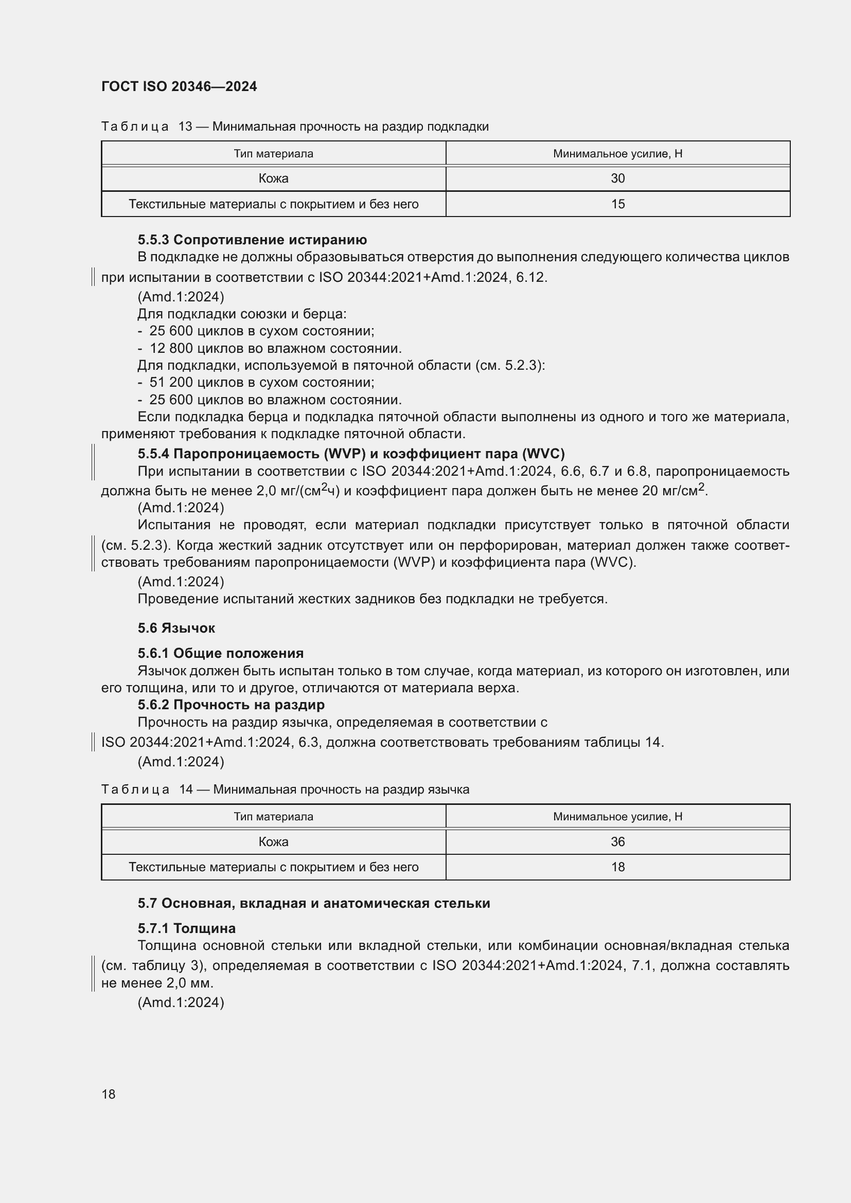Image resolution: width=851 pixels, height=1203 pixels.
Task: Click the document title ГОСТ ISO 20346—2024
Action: [x=179, y=86]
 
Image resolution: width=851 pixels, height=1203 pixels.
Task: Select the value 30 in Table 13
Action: [x=618, y=178]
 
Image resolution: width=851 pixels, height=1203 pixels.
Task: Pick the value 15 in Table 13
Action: [x=618, y=204]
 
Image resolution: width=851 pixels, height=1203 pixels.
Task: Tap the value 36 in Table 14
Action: [x=618, y=841]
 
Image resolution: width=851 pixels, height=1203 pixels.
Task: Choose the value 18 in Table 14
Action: [x=618, y=867]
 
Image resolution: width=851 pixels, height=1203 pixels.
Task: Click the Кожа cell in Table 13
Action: [x=274, y=178]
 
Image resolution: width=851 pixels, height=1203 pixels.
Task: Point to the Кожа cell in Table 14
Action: [x=274, y=841]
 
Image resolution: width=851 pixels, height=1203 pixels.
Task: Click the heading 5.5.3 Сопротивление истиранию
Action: [x=252, y=240]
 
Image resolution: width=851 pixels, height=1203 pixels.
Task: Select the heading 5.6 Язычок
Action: [x=176, y=628]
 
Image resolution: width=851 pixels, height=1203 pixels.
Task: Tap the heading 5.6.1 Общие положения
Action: [x=221, y=653]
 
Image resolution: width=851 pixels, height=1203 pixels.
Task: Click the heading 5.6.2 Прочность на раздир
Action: [x=231, y=705]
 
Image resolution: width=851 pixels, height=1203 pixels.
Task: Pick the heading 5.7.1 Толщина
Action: [x=187, y=928]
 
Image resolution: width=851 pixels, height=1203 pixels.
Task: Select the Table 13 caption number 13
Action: [x=186, y=127]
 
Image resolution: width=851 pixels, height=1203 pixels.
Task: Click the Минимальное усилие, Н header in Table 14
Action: [x=618, y=816]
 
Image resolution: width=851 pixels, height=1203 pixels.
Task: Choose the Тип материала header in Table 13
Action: [x=274, y=154]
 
